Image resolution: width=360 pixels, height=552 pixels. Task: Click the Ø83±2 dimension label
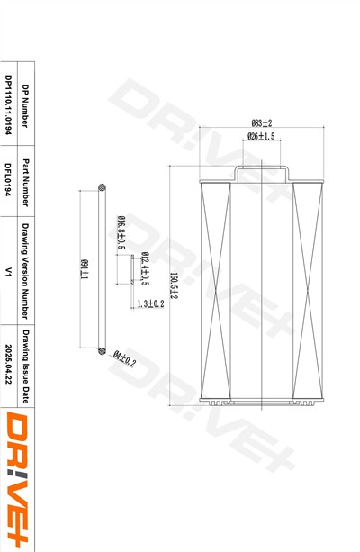262,123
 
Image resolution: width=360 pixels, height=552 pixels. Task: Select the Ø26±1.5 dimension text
261,136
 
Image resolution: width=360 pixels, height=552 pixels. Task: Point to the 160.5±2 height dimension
174,285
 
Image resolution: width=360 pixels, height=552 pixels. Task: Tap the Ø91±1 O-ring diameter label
85,269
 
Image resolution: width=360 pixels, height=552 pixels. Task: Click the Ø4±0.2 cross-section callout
124,358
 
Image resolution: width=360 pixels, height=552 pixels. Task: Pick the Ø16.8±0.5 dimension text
121,232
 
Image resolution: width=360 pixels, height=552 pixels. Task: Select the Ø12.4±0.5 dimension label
145,268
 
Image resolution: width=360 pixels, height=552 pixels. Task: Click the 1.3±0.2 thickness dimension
150,303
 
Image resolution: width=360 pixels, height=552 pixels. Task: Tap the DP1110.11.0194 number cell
8,104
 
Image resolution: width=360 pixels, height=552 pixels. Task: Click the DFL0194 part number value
8,179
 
